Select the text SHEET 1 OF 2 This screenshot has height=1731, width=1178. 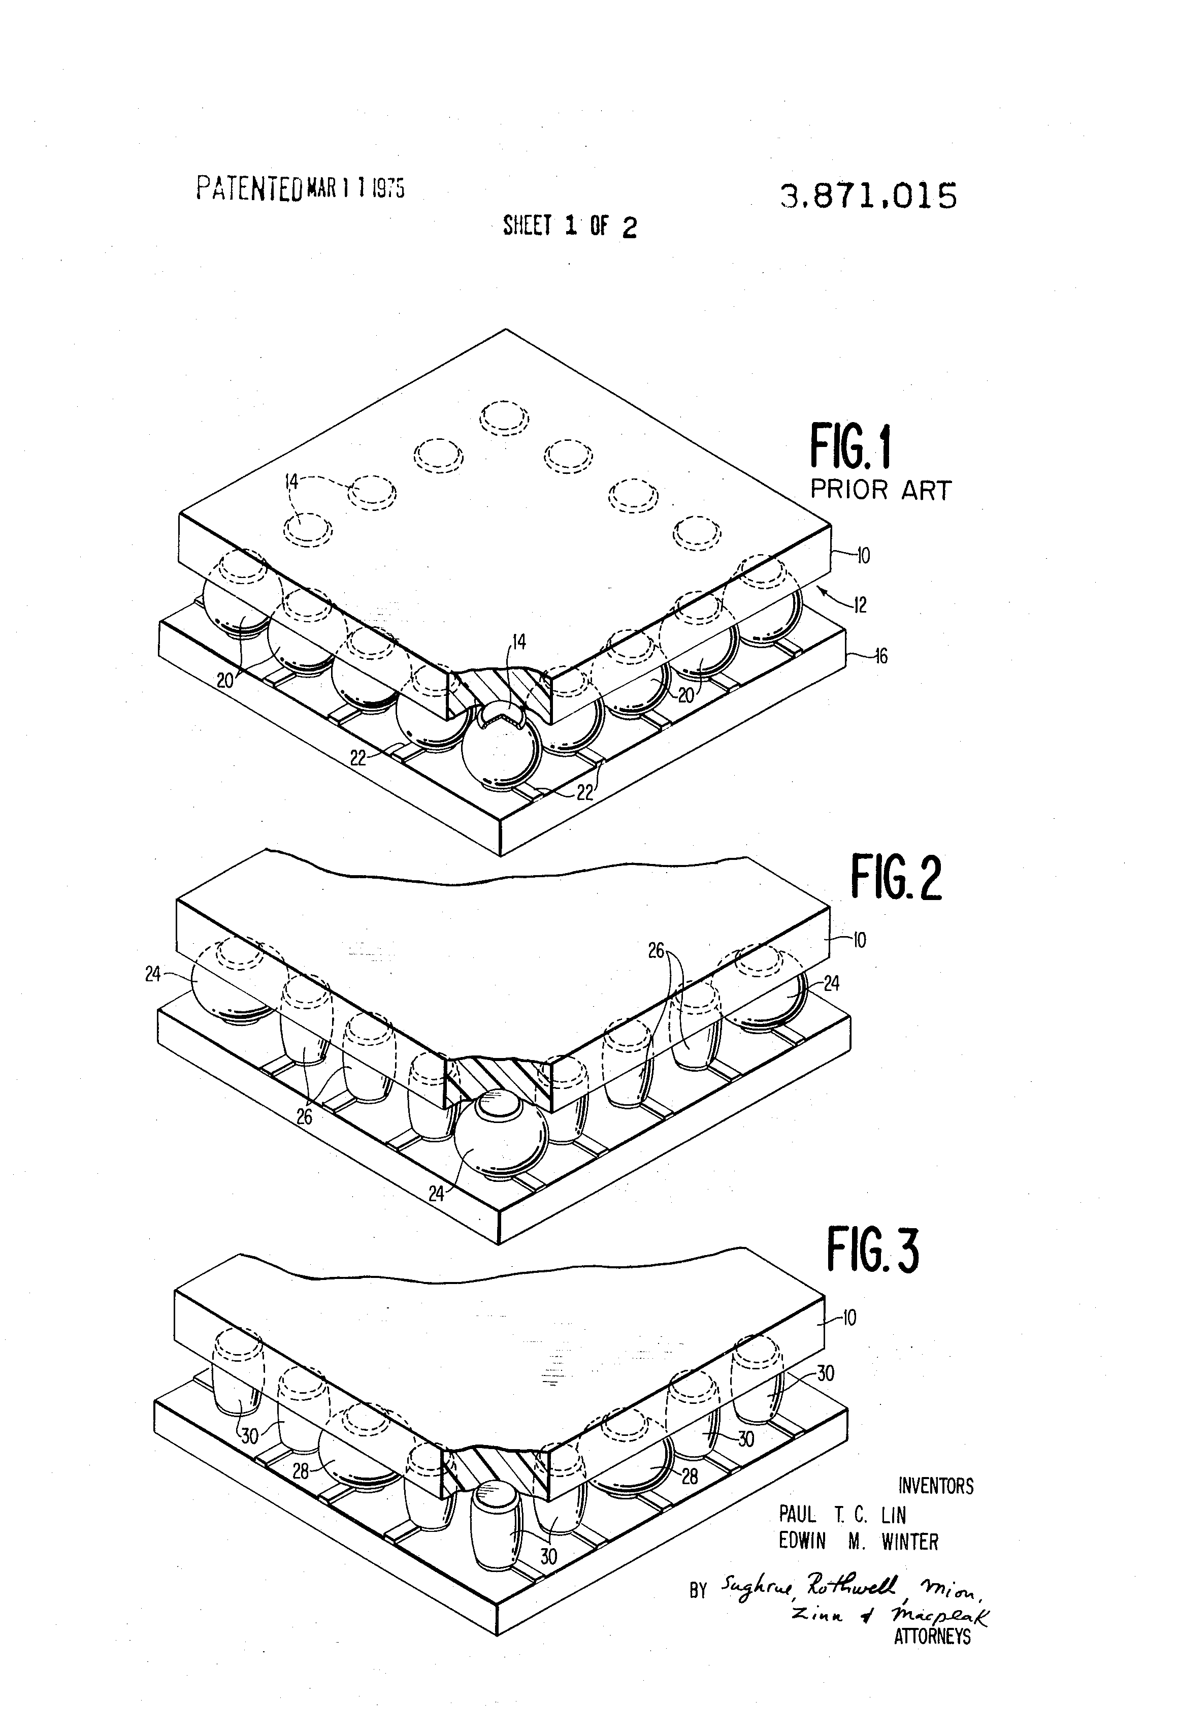coord(570,226)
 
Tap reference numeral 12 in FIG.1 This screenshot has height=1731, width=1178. coord(860,605)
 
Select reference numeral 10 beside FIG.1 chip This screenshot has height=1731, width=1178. coord(862,556)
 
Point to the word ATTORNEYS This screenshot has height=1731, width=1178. coord(932,1637)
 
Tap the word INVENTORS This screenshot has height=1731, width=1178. coord(935,1486)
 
